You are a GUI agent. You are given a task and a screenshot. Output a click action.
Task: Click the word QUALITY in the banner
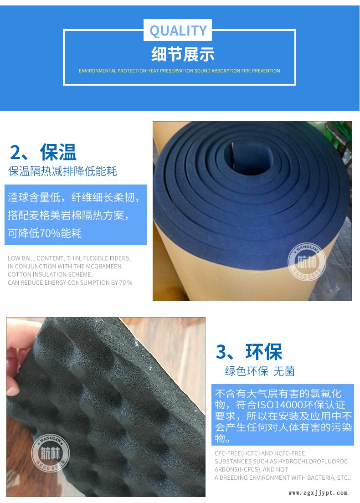(178, 31)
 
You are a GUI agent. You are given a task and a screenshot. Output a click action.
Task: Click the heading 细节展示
(182, 55)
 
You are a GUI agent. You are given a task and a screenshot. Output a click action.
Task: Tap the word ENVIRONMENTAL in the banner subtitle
(97, 71)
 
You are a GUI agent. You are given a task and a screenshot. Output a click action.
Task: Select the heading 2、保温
(43, 152)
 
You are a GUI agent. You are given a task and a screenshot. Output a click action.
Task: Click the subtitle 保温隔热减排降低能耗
(63, 171)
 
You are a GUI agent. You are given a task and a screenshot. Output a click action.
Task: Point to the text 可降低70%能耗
(45, 234)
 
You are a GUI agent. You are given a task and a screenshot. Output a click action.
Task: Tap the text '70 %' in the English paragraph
(125, 282)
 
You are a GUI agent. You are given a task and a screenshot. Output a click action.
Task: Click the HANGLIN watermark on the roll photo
(306, 262)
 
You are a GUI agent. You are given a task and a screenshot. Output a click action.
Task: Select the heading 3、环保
(249, 352)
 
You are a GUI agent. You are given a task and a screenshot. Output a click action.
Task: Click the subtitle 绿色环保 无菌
(260, 371)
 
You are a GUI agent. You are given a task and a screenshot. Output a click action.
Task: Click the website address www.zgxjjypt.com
(318, 493)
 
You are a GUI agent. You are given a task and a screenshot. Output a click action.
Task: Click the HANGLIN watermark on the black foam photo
(50, 452)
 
